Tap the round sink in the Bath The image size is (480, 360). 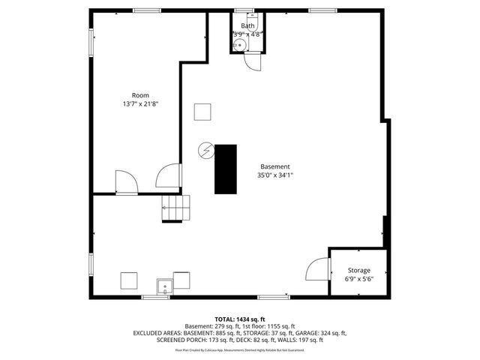tap(239, 46)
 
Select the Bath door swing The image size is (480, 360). tap(253, 63)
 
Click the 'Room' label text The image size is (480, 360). tap(140, 95)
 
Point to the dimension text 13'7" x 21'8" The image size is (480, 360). tap(140, 104)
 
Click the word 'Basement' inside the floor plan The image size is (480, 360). tap(275, 166)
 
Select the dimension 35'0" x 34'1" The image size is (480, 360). tap(275, 175)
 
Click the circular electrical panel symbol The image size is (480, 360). tap(204, 150)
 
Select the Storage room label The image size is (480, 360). tap(358, 270)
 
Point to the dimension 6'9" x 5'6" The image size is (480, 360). tap(358, 279)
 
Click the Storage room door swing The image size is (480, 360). tap(318, 268)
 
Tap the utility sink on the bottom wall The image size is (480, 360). tap(164, 286)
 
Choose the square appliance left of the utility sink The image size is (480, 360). tap(129, 280)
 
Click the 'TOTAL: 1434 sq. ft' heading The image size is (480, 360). tap(240, 319)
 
